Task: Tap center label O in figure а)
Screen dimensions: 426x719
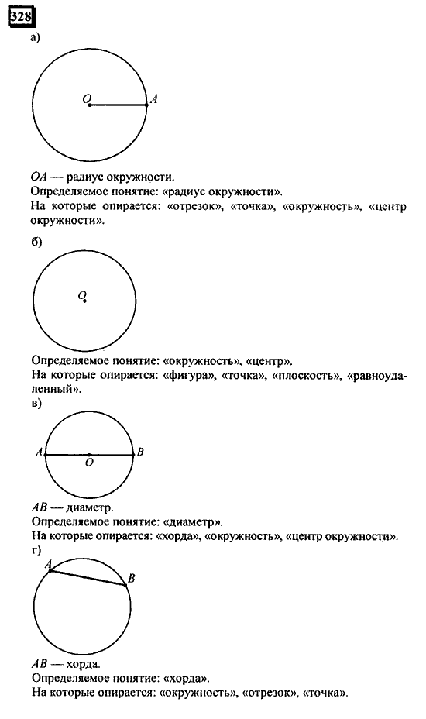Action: (85, 98)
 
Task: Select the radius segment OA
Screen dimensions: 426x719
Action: (119, 105)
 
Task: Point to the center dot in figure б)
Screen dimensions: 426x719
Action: (84, 301)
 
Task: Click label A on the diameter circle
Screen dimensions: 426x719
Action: (39, 453)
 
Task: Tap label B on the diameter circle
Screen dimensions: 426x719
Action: (140, 452)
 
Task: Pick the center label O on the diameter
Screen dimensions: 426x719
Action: (90, 463)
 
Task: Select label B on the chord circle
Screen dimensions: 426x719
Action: (132, 578)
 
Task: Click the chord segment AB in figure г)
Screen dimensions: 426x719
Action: (88, 578)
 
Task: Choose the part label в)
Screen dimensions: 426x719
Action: (36, 404)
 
